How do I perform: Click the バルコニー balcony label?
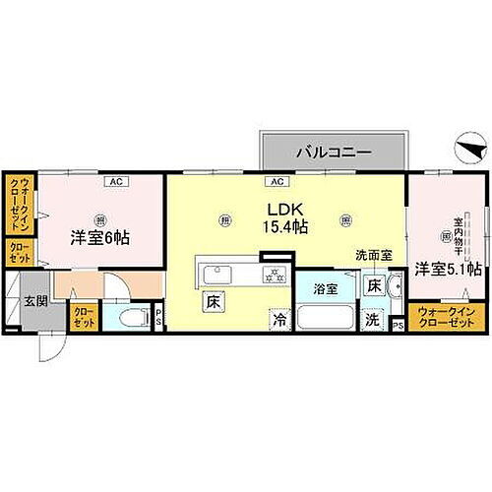[x=333, y=153]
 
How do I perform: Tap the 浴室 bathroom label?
[x=326, y=290]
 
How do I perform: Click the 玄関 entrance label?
[x=35, y=300]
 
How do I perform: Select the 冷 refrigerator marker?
[x=280, y=319]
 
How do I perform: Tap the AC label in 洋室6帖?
[x=115, y=181]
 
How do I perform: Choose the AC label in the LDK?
[x=277, y=181]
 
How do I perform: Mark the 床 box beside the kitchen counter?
[x=212, y=301]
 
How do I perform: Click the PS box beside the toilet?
[x=158, y=317]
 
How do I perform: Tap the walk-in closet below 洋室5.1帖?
[x=446, y=317]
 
